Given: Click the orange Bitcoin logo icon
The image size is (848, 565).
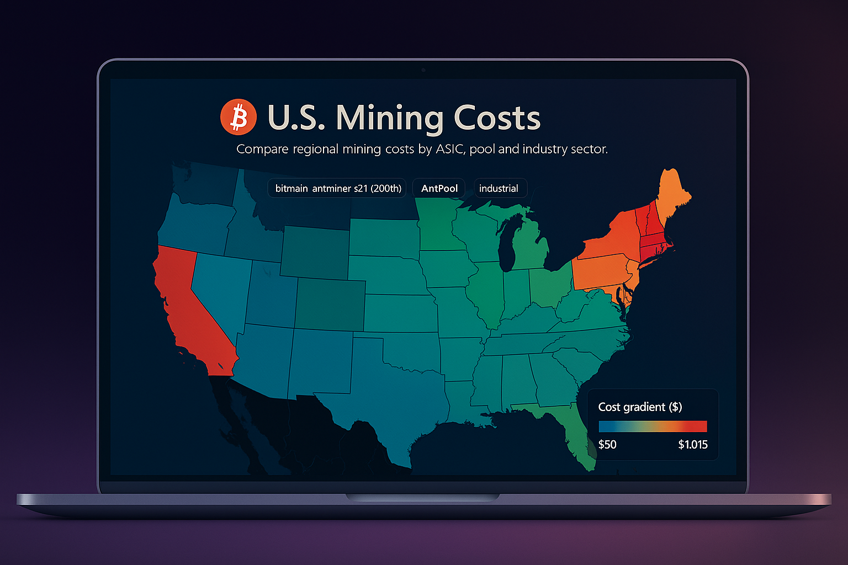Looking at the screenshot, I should tap(239, 118).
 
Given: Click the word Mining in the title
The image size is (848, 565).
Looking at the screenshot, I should tap(389, 118).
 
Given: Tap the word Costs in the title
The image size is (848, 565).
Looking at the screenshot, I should tap(497, 118).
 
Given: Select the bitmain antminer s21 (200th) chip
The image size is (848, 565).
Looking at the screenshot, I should tap(337, 188).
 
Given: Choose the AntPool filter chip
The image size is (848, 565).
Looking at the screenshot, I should tap(439, 188).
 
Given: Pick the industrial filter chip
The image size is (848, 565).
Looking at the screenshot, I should tap(499, 188).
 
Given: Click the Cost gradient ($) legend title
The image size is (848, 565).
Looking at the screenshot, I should tap(640, 407).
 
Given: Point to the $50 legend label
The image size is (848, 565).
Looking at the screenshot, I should tap(607, 445).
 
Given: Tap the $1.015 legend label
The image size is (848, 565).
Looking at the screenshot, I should tap(692, 445).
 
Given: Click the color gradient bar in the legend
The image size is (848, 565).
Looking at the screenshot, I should tap(653, 427).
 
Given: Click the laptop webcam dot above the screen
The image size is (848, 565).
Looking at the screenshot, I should tap(423, 70).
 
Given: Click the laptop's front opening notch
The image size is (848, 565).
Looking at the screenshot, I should tap(423, 498).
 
